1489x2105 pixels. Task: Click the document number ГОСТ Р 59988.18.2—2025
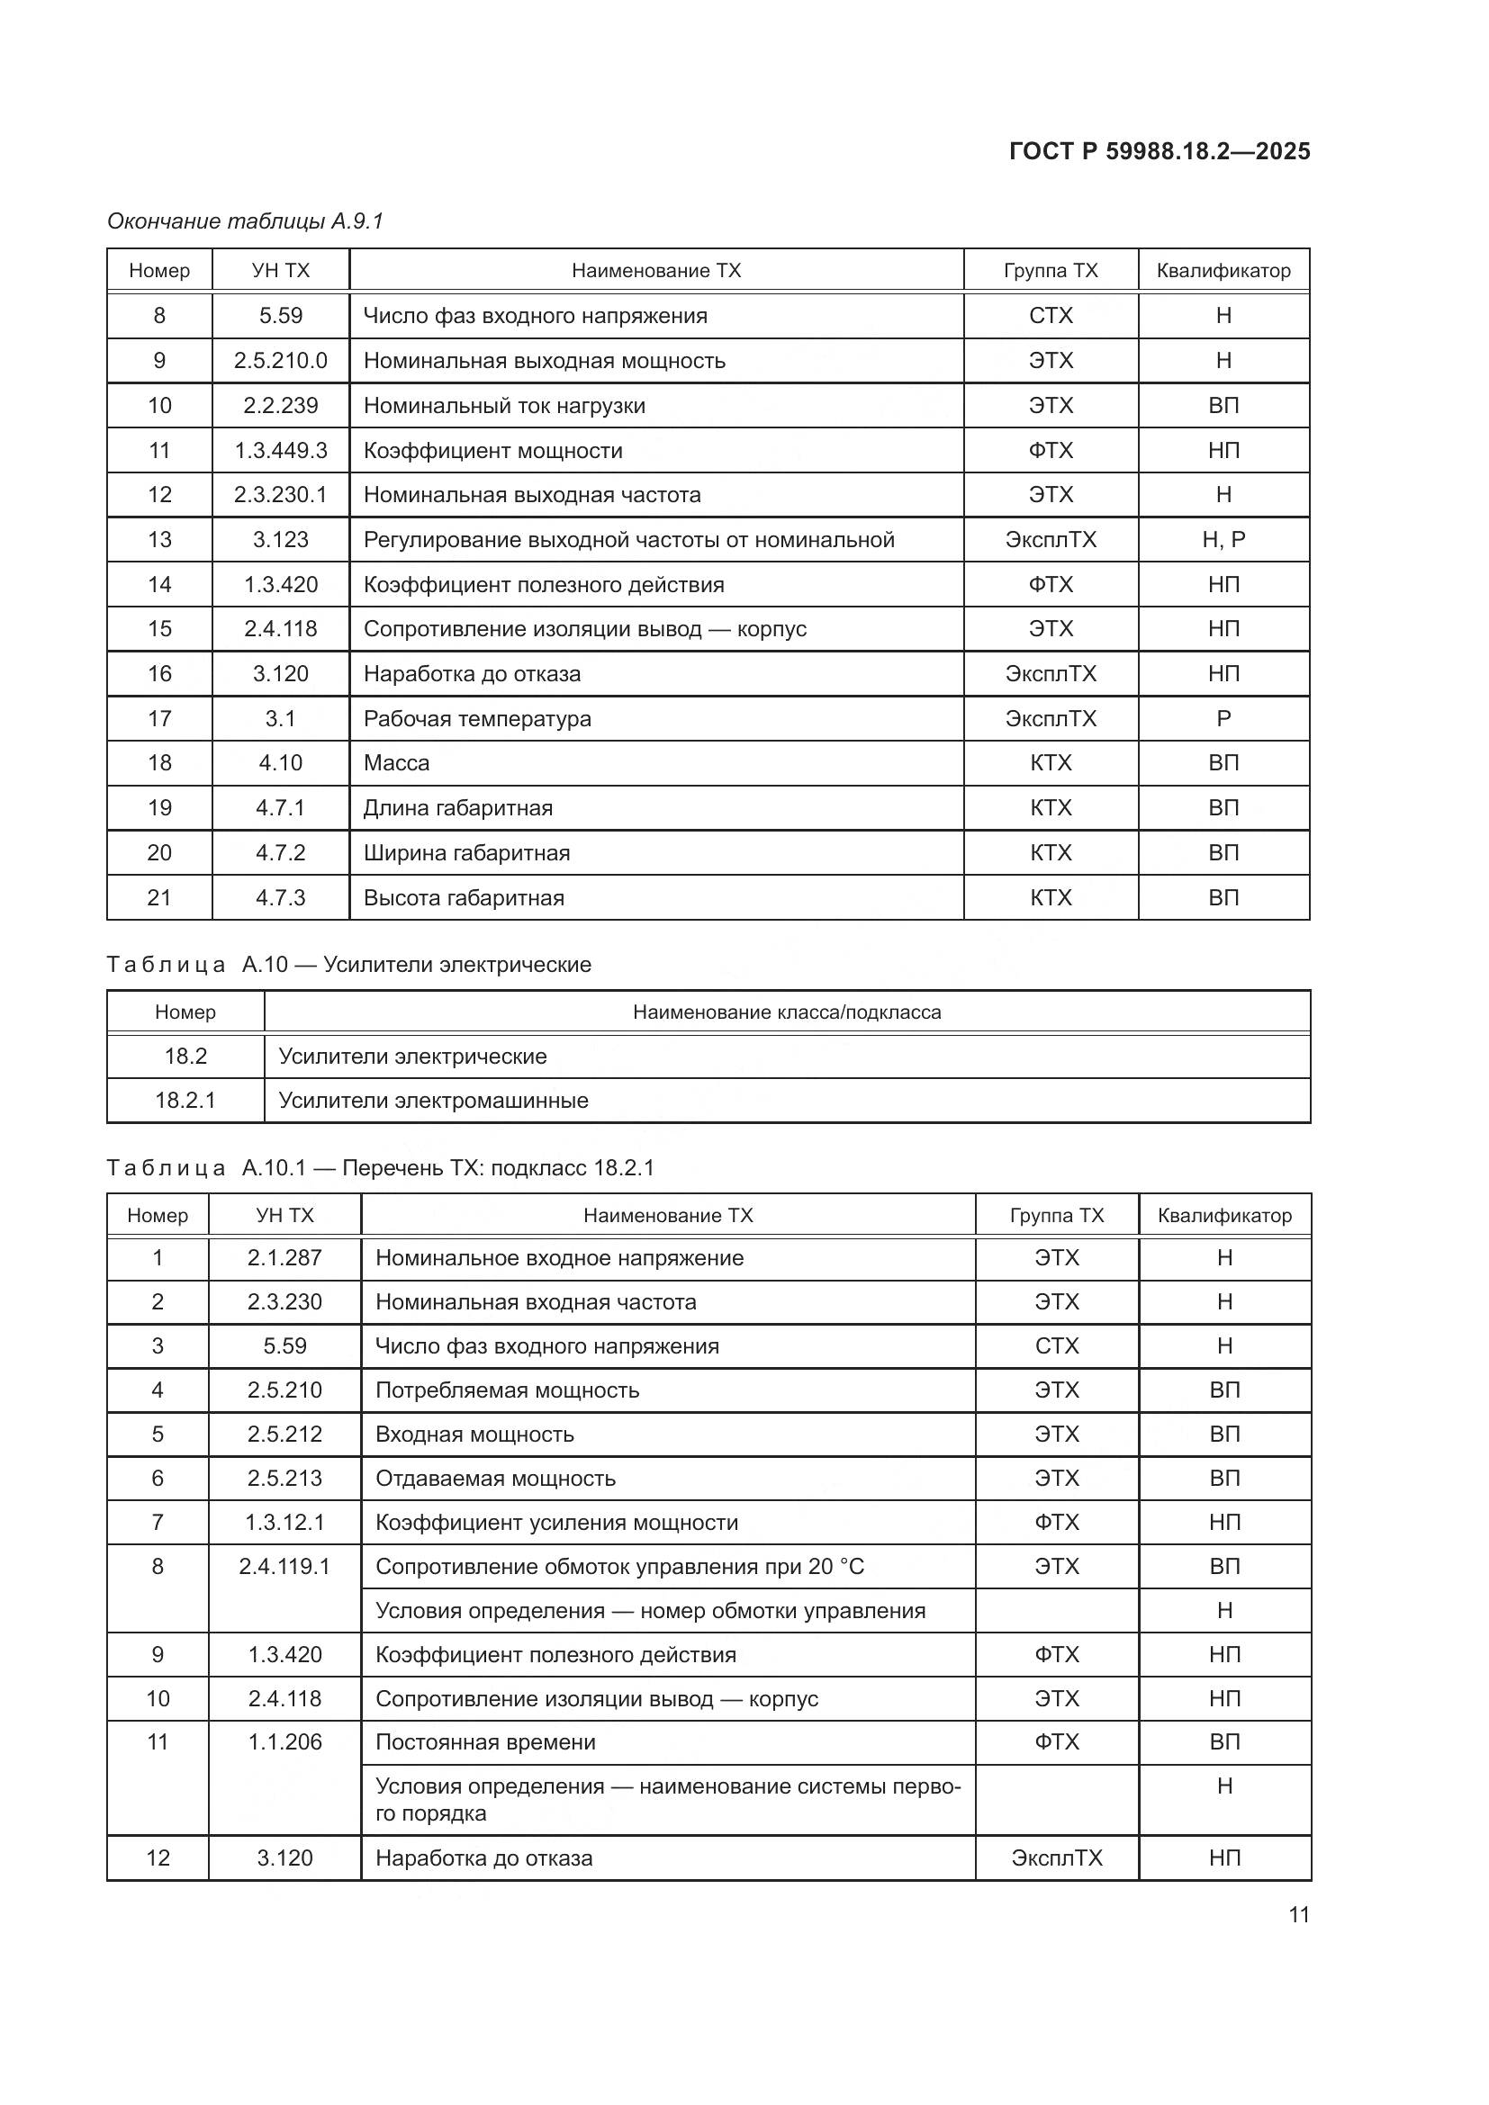(x=1159, y=151)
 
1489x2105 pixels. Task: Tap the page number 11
(x=1298, y=1914)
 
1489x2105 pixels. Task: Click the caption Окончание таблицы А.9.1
(x=245, y=221)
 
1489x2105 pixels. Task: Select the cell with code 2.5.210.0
(x=281, y=360)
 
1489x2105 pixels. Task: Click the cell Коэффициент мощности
(x=492, y=450)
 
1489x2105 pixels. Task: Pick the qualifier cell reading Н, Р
(x=1223, y=539)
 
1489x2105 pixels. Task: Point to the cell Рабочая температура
(x=477, y=719)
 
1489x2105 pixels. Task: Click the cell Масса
(x=396, y=763)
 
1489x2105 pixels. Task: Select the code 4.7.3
(x=281, y=897)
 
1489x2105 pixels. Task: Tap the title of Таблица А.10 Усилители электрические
(x=348, y=965)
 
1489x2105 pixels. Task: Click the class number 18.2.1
(x=185, y=1100)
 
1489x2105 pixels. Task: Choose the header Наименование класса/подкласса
(x=787, y=1012)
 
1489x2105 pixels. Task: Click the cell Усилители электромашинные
(x=433, y=1100)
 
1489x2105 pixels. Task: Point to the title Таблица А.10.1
(x=381, y=1168)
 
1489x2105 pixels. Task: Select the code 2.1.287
(x=284, y=1258)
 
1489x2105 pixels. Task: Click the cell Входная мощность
(x=474, y=1434)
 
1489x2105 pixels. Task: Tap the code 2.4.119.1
(x=284, y=1566)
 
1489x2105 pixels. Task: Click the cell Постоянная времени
(x=485, y=1742)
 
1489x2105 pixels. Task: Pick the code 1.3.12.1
(x=284, y=1522)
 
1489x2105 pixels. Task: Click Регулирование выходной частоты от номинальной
(x=628, y=539)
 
